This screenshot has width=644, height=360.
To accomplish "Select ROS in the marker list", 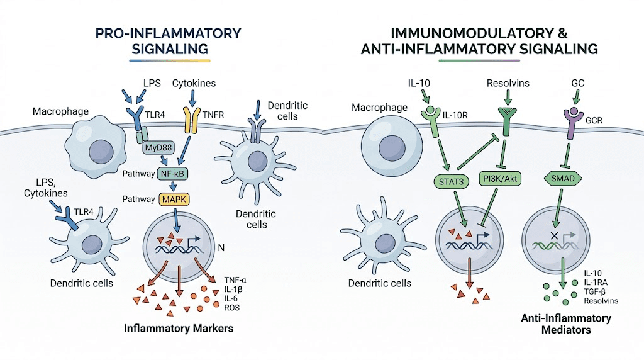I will click(231, 308).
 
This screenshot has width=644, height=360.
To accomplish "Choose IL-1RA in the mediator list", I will click(597, 282).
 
